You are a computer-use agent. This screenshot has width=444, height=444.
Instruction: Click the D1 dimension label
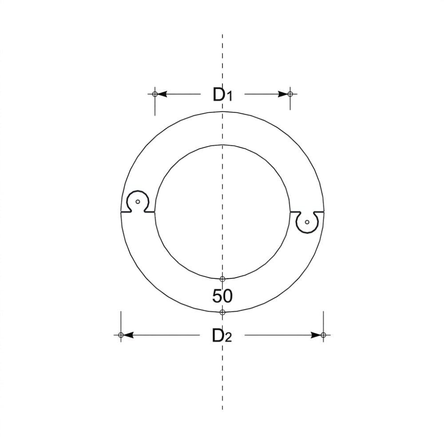[222, 95]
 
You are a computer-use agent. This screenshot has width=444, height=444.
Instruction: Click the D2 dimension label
[222, 336]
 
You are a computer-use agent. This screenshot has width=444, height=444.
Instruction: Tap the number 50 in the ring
[222, 296]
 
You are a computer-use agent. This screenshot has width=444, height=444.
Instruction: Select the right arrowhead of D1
[283, 94]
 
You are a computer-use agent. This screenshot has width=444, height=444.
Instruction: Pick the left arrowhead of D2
[128, 335]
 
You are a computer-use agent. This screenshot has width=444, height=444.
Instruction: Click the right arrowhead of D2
[316, 335]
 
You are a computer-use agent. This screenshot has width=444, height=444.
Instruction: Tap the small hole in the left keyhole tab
[138, 202]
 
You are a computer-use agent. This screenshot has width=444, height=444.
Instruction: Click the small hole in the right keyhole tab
[307, 222]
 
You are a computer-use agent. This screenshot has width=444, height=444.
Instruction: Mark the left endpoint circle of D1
[155, 94]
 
